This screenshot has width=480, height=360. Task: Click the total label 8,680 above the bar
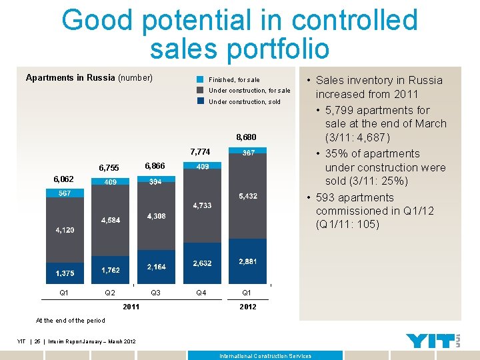[245, 137]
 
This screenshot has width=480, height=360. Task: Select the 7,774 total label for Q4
[200, 152]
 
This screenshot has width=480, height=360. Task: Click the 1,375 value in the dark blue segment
[65, 273]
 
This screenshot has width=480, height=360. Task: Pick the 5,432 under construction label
[248, 197]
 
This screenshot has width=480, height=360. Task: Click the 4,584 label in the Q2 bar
[111, 220]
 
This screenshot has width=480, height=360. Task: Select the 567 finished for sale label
[65, 193]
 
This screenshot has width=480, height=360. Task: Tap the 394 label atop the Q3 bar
[155, 181]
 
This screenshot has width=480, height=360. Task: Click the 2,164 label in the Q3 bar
[157, 267]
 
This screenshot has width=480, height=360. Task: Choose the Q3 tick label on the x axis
[155, 293]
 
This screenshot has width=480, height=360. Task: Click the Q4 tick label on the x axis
[201, 293]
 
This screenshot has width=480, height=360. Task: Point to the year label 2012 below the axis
[247, 307]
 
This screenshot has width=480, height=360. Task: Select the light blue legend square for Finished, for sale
[200, 79]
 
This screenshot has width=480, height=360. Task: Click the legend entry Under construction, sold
[245, 102]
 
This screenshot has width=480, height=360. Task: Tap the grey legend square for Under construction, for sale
[200, 90]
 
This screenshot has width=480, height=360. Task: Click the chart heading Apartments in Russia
[70, 78]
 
